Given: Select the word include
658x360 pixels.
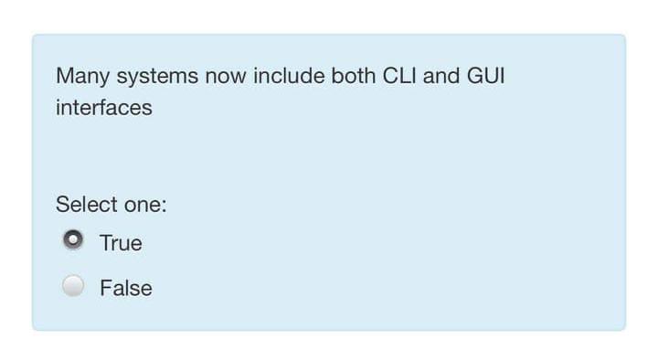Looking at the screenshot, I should coord(288,76).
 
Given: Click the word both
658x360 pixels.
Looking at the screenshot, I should coord(354,76).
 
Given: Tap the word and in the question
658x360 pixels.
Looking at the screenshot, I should coord(440,76).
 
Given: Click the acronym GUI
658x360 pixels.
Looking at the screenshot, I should coord(485,76).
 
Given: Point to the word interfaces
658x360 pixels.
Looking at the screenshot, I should coord(104,108).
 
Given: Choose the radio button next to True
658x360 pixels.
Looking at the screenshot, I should coord(73,240).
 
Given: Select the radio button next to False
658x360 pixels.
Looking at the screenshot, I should coord(73,286).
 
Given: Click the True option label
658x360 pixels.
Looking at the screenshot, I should coord(121,243).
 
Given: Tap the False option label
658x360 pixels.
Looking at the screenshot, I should coord(126,289).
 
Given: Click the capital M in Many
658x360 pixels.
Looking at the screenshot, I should coord(63,76).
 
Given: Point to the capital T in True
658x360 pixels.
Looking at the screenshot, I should coord(106,243).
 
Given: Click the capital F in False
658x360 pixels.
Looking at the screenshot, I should coord(105,289).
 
